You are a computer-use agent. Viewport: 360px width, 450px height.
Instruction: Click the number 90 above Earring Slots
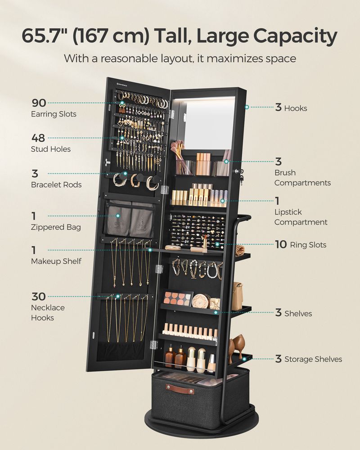pyautogui.click(x=38, y=103)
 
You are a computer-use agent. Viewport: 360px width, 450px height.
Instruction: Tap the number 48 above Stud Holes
pyautogui.click(x=38, y=138)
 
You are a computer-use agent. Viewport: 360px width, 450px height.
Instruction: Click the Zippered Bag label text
pyautogui.click(x=56, y=227)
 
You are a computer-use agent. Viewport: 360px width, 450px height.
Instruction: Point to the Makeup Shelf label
pyautogui.click(x=56, y=261)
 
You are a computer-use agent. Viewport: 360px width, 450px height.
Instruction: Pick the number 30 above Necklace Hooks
pyautogui.click(x=38, y=297)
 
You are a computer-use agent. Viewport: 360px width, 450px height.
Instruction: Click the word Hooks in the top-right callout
pyautogui.click(x=296, y=108)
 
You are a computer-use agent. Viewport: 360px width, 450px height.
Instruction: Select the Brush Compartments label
pyautogui.click(x=302, y=178)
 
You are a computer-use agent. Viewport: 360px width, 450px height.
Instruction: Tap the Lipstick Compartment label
pyautogui.click(x=301, y=217)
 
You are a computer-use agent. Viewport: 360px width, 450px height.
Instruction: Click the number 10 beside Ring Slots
pyautogui.click(x=281, y=244)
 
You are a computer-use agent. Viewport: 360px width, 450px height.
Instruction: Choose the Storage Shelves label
pyautogui.click(x=313, y=359)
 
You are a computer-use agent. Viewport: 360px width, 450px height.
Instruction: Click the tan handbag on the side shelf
pyautogui.click(x=237, y=296)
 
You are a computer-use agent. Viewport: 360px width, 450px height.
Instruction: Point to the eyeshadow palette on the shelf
pyautogui.click(x=177, y=298)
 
